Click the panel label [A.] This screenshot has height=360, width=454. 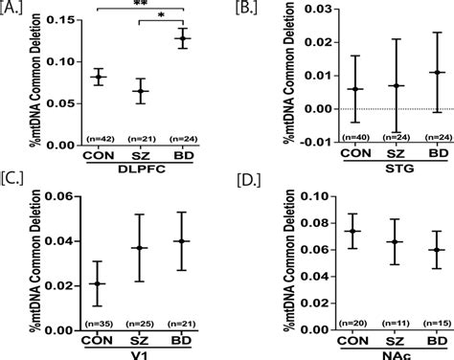(x=15, y=9)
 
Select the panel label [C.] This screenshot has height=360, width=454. (x=15, y=189)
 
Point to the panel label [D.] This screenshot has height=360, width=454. (x=243, y=189)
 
